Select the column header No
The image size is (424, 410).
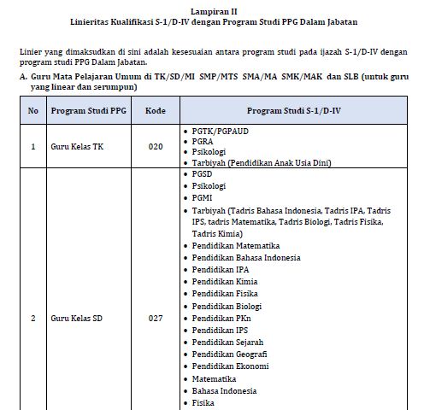click(32, 111)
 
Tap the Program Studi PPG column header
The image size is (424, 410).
click(88, 111)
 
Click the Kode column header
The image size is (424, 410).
click(155, 111)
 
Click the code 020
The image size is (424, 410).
click(155, 147)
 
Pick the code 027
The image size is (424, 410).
click(155, 319)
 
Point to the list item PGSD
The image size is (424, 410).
click(203, 173)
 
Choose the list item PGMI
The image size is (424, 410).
click(203, 196)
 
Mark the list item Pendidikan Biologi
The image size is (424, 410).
click(227, 305)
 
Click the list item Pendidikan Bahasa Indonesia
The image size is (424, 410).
click(245, 257)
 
